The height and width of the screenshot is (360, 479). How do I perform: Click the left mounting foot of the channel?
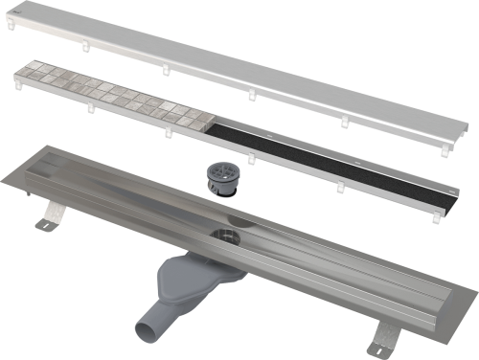(x=45, y=224)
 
